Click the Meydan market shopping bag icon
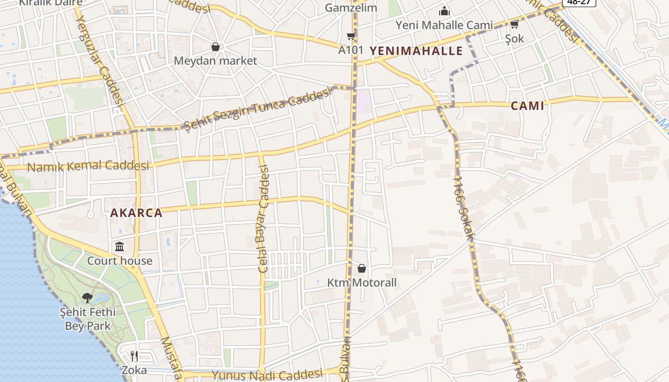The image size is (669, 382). coord(216,47)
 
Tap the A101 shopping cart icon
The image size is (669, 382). coord(351,36)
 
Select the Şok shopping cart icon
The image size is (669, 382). coord(514,24)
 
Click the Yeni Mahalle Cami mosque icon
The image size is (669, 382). coord(444,11)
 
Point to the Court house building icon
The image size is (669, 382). coord(119,247)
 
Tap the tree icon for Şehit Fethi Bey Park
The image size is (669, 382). coord(87,298)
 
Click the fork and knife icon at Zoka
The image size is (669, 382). coord(134,356)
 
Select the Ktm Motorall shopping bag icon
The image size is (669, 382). coord(362,269)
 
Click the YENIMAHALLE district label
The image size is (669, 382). coord(416,51)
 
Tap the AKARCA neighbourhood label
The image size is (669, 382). coord(136,213)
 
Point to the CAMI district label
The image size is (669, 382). coord(527,106)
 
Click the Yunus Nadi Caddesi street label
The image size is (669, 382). coord(267,375)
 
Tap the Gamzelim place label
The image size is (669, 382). coord(351,8)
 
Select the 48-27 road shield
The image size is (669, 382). coord(578,2)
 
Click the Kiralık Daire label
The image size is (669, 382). coord(50,2)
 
